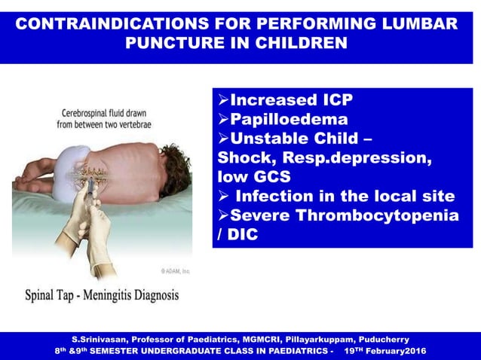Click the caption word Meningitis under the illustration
[x=96, y=295]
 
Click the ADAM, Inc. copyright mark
[x=173, y=270]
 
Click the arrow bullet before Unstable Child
[x=223, y=139]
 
